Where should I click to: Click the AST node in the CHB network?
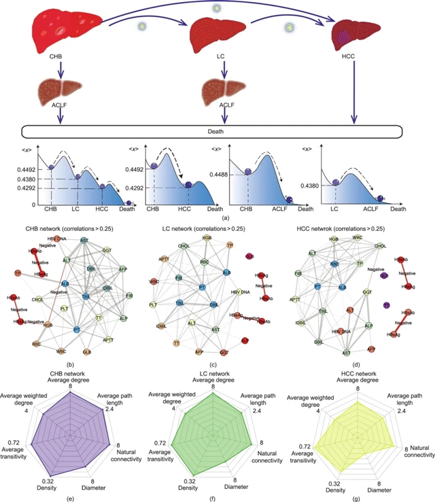coord(84,240)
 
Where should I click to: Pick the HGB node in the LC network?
coord(206,239)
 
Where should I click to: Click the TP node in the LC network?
coord(230,245)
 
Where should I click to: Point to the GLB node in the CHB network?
coord(86,353)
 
